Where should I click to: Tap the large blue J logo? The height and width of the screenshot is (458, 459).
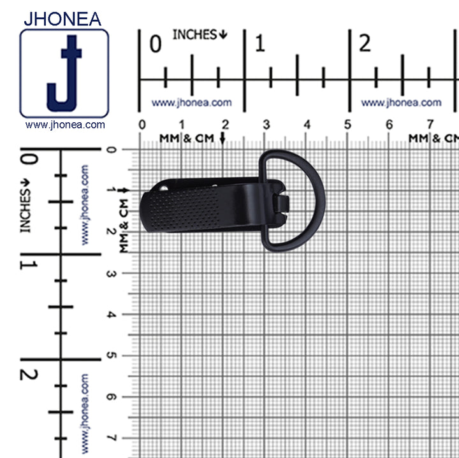coord(64,73)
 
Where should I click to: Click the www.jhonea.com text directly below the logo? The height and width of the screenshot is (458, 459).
coord(65,125)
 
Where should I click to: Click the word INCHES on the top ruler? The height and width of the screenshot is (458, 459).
coord(195,35)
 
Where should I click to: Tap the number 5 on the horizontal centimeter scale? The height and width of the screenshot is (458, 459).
coord(348,125)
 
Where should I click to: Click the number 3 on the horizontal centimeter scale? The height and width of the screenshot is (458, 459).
coord(266,125)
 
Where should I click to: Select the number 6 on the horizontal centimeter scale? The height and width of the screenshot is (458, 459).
coord(390,125)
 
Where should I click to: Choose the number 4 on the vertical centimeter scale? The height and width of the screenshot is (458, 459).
coord(111,315)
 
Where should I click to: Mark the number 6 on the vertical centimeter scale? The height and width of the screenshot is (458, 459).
coord(111,397)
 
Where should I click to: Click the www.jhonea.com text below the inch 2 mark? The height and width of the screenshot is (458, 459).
coord(401,103)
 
